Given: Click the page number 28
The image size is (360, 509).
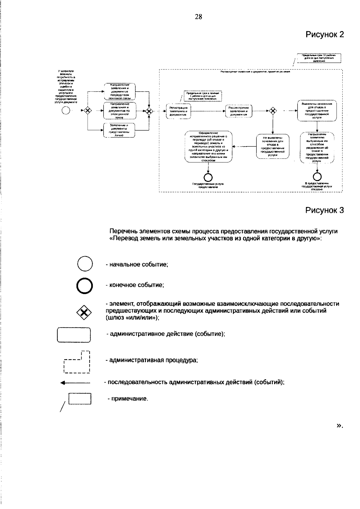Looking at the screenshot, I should pos(198,17).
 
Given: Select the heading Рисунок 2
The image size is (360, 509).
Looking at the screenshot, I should pos(324,34).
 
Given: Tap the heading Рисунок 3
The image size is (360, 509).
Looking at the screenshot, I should pos(324,210).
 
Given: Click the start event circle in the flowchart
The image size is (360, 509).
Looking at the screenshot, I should pos(65,111).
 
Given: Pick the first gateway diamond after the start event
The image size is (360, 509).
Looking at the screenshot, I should pos(87,111).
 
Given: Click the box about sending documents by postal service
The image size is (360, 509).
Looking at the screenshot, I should pos(119,91).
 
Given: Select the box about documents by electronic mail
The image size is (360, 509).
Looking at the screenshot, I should pos(119,111).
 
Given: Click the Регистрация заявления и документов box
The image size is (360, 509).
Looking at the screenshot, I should pos(178,111).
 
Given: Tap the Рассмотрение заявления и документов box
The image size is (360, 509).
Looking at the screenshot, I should pos(239,111).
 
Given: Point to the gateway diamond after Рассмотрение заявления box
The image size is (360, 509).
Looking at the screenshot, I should pos(272,111).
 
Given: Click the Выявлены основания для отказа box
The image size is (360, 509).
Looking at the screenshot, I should pos(317,111).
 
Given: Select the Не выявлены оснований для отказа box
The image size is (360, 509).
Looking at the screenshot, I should pos(273,146).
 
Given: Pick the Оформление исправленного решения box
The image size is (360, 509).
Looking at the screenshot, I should pos(208,146).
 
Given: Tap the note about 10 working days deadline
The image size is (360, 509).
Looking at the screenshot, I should pos(319,58).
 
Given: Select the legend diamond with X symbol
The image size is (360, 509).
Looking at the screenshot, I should pos(84,313).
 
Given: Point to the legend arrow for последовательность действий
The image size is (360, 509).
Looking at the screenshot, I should pos(75,382).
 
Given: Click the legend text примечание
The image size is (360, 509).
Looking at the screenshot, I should pos(128,399).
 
